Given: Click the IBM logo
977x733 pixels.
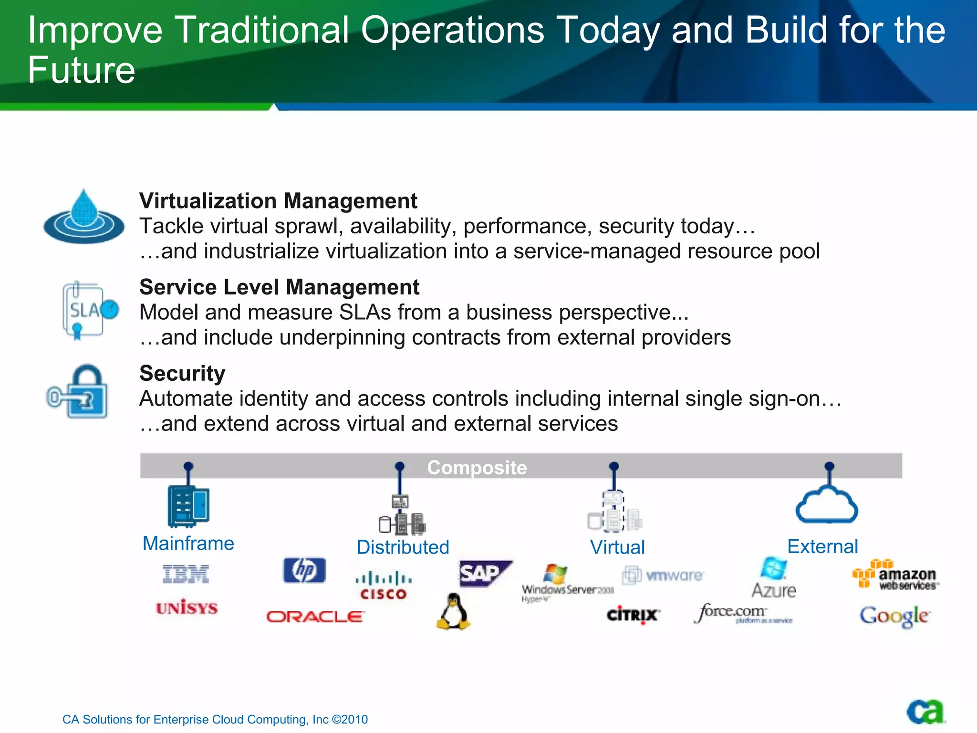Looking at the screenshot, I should point(186,574).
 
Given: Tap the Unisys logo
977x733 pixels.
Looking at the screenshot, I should point(187,607).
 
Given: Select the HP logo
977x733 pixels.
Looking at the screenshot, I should point(304,570).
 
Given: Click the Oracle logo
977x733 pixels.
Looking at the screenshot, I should point(315,617).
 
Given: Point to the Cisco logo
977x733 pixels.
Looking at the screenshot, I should point(384,586).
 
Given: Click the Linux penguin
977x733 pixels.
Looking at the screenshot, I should point(453,612).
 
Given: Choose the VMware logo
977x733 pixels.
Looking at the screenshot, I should point(663,575).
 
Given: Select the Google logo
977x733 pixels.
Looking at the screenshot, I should point(894,616).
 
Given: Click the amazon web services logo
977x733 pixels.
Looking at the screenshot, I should point(895,575).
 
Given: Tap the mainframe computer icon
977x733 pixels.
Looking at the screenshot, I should point(188,506).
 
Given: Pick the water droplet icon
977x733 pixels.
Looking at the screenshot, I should point(84,217).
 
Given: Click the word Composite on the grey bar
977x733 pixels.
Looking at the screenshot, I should point(477,467).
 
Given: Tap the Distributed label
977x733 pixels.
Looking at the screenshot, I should point(403,547).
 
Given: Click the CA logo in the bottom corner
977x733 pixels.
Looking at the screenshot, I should point(925,712).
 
